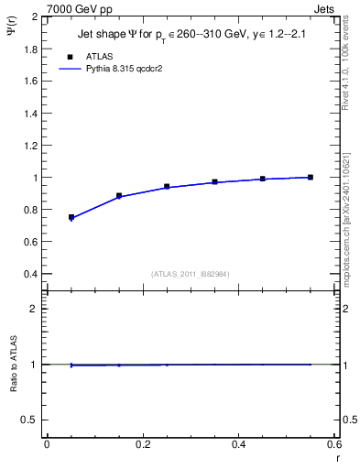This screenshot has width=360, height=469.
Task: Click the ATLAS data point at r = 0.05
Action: click(71, 217)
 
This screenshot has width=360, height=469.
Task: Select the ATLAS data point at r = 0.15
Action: click(119, 196)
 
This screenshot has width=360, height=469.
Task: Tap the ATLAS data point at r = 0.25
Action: click(167, 186)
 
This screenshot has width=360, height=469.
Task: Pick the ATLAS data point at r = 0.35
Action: click(214, 182)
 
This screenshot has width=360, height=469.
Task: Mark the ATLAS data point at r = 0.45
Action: click(263, 179)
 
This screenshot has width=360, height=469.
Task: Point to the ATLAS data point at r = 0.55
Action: click(311, 177)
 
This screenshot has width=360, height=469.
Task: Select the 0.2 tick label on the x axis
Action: click(142, 444)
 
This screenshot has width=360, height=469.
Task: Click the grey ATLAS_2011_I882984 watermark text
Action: click(190, 274)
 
